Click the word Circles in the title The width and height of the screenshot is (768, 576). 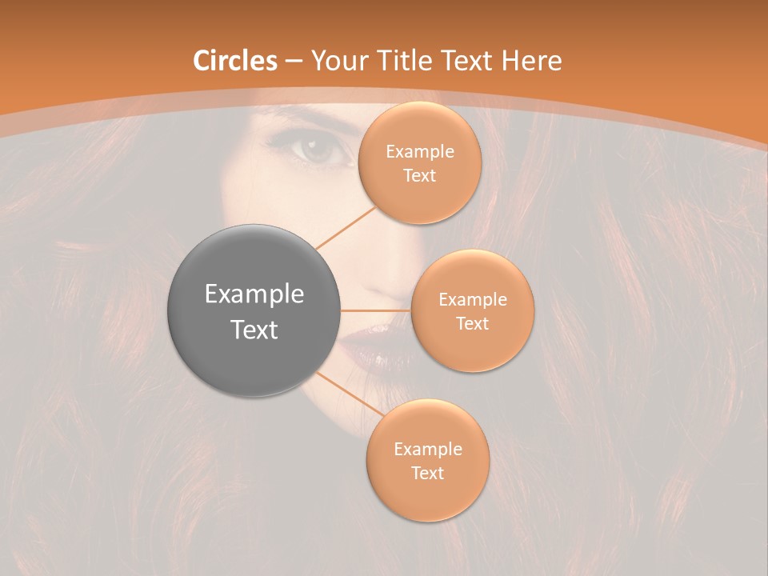[235, 61]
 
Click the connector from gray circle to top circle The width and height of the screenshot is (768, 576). [346, 228]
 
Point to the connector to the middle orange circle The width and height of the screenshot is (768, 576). [376, 310]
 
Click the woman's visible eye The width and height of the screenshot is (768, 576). [320, 149]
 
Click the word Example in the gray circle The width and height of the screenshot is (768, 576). [254, 294]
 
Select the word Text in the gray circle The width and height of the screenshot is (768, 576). [254, 330]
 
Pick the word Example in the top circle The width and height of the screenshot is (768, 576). [420, 152]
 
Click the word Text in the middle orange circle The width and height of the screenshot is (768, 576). [473, 323]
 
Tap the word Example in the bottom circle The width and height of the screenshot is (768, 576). [428, 450]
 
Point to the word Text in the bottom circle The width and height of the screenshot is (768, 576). [428, 473]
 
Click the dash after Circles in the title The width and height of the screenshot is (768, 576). [294, 61]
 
